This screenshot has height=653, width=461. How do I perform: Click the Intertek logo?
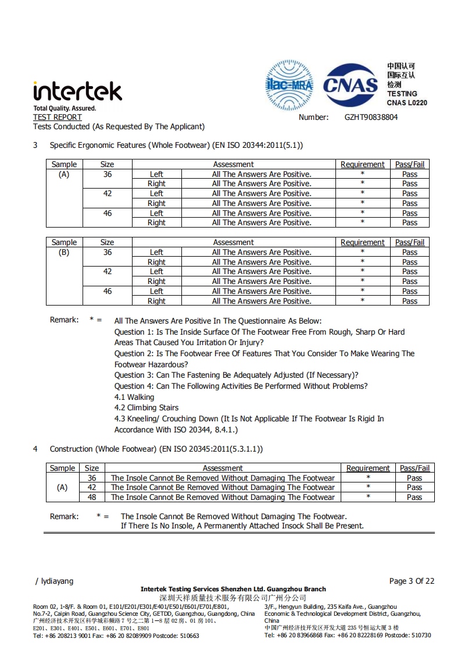pyautogui.click(x=77, y=91)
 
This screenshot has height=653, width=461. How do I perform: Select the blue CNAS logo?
pyautogui.click(x=351, y=86)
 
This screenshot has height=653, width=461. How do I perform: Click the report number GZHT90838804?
pyautogui.click(x=371, y=117)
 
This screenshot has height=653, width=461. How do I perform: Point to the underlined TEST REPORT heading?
pyautogui.click(x=58, y=117)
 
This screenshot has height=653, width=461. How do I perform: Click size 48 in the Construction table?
pyautogui.click(x=92, y=497)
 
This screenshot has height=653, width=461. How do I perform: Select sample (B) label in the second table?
pyautogui.click(x=64, y=253)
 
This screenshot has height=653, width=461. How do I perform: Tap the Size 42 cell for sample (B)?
pyautogui.click(x=108, y=272)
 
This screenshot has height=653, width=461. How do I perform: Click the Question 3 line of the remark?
pyautogui.click(x=236, y=375)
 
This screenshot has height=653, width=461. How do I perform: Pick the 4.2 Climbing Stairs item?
pyautogui.click(x=146, y=407)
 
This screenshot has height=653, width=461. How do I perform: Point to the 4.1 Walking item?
pyautogui.click(x=134, y=397)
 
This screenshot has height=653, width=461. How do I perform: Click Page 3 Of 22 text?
pyautogui.click(x=412, y=581)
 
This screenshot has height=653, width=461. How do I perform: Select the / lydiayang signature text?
pyautogui.click(x=55, y=581)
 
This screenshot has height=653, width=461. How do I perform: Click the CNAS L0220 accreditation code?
pyautogui.click(x=406, y=102)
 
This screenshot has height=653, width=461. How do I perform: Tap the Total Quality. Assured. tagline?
pyautogui.click(x=65, y=108)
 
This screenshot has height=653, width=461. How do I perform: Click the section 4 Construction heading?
pyautogui.click(x=156, y=449)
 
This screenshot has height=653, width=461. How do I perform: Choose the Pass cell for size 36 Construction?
pyautogui.click(x=414, y=478)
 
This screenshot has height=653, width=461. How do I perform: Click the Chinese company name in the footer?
pyautogui.click(x=233, y=598)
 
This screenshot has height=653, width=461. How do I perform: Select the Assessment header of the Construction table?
pyautogui.click(x=223, y=468)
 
